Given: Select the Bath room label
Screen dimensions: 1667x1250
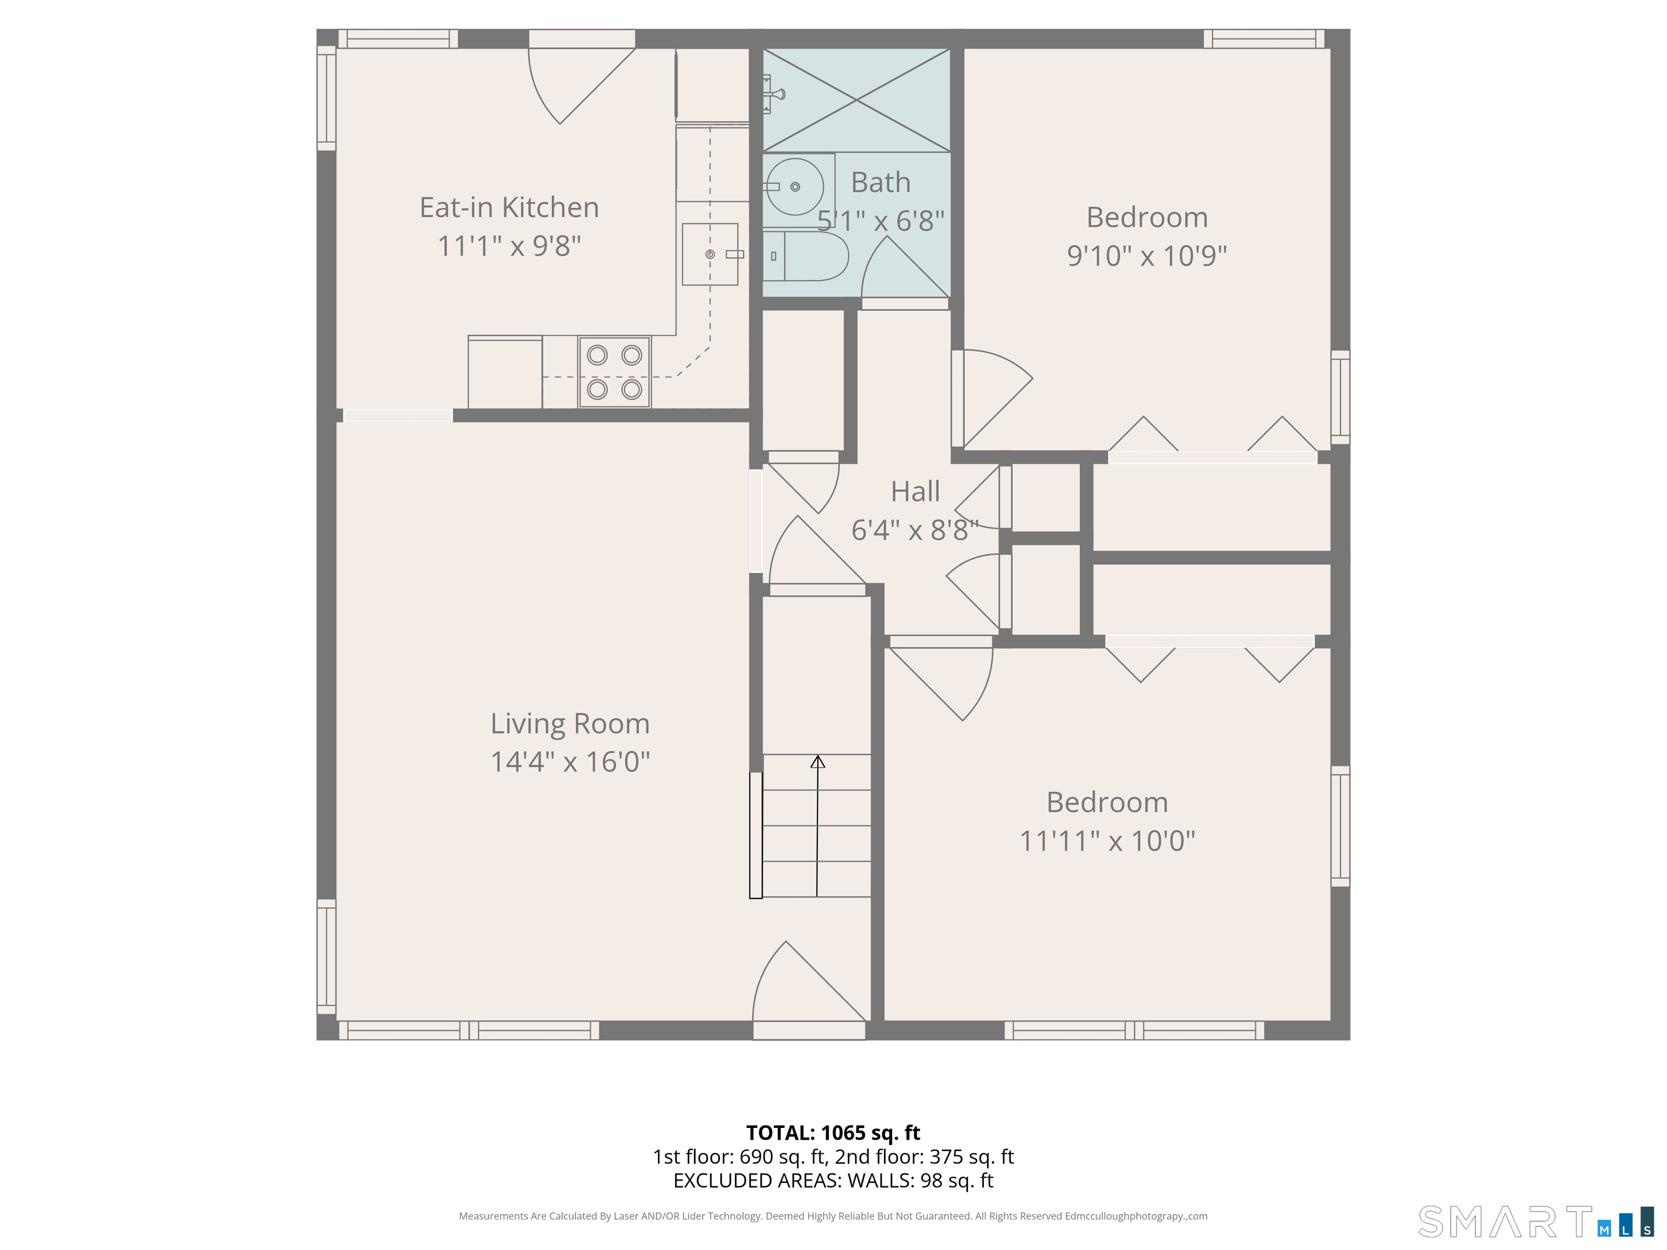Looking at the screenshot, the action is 880,182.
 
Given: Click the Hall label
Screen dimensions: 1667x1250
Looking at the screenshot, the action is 915,491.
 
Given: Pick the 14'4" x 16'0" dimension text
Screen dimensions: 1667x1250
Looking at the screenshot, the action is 570,762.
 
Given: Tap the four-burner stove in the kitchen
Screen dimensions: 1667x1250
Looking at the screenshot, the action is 614,372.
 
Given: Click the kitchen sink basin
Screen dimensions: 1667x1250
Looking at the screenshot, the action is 710,254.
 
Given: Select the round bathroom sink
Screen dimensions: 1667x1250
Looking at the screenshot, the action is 794,186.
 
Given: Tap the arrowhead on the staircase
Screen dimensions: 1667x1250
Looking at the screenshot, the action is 818,762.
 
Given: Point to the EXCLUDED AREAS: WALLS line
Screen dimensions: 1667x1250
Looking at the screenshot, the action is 833,1181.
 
